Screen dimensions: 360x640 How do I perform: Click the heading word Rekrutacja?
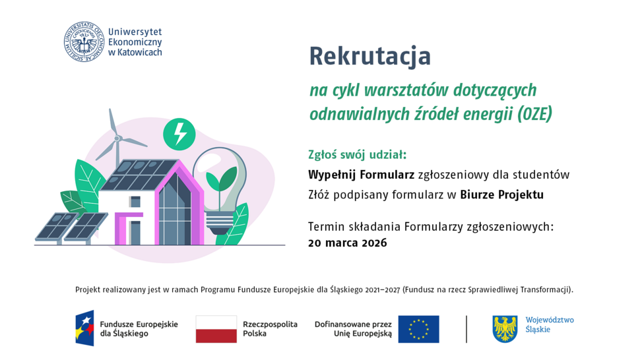369,57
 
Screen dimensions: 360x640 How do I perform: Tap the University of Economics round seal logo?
84,42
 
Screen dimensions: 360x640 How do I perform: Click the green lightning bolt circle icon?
179,133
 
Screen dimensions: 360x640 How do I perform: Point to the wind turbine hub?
118,138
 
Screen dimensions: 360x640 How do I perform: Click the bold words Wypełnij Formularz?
361,175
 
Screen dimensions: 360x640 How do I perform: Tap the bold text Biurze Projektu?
501,195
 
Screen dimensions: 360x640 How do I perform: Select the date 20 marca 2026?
347,243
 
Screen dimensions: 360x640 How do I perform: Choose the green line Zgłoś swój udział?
358,155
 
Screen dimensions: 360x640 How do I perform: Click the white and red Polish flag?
216,329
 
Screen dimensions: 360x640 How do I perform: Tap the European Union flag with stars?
418,329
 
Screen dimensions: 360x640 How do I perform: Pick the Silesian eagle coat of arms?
505,328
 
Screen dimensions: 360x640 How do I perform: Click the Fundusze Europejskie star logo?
84,328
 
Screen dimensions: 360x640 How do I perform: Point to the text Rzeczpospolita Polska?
270,329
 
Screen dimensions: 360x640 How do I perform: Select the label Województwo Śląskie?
549,324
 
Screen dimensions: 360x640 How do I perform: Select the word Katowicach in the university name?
139,52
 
